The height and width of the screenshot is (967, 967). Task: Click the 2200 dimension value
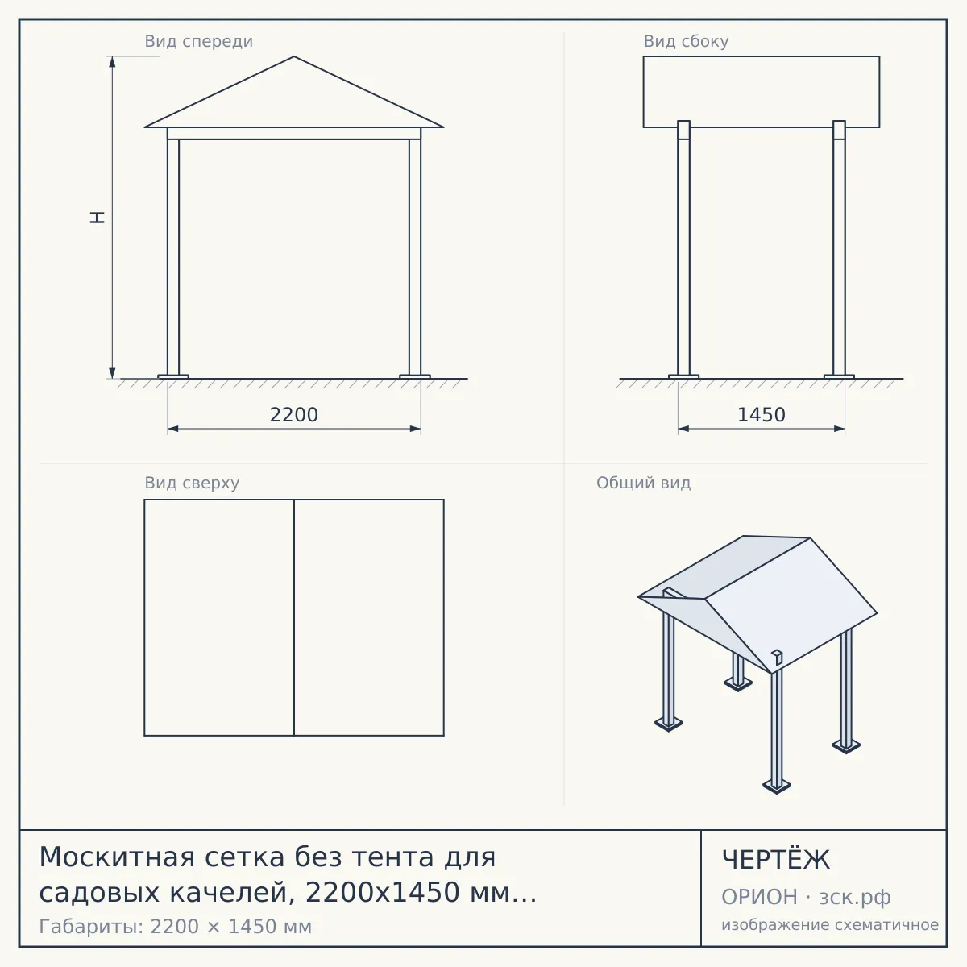pyautogui.click(x=293, y=415)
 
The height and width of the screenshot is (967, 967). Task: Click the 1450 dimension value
pyautogui.click(x=762, y=415)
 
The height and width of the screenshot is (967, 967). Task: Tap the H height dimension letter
pyautogui.click(x=98, y=218)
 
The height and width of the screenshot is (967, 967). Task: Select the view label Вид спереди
pyautogui.click(x=199, y=41)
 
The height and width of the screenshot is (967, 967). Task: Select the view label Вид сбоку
pyautogui.click(x=686, y=41)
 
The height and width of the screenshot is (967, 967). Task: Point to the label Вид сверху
pyautogui.click(x=192, y=483)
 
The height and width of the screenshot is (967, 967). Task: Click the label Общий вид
pyautogui.click(x=643, y=483)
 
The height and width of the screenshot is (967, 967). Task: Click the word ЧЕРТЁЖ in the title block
pyautogui.click(x=776, y=860)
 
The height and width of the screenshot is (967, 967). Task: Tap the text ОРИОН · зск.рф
pyautogui.click(x=806, y=897)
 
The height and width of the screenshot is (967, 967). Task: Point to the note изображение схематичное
pyautogui.click(x=830, y=924)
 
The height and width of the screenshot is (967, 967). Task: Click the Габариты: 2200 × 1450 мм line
pyautogui.click(x=175, y=927)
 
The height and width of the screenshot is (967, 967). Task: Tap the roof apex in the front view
pyautogui.click(x=294, y=56)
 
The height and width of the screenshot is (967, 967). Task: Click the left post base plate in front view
pyautogui.click(x=173, y=376)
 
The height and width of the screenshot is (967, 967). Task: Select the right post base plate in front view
pyautogui.click(x=415, y=376)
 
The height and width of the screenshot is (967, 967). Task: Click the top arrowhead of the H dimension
pyautogui.click(x=112, y=62)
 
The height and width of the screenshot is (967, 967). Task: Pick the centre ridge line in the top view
pyautogui.click(x=294, y=617)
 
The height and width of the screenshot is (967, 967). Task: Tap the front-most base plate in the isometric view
pyautogui.click(x=776, y=786)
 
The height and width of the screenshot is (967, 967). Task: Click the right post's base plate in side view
pyautogui.click(x=839, y=376)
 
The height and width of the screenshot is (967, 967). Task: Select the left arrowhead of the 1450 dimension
pyautogui.click(x=683, y=429)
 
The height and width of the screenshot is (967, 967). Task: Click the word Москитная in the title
pyautogui.click(x=116, y=857)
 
